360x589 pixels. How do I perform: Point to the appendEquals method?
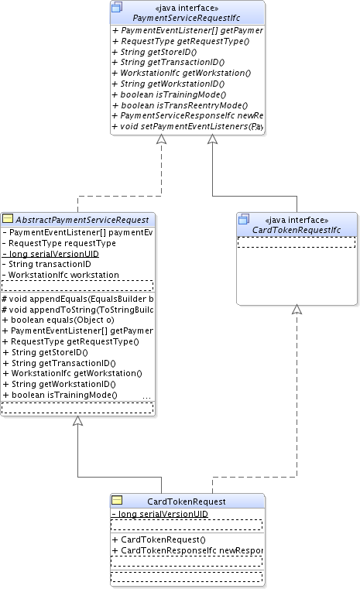[x=77, y=298]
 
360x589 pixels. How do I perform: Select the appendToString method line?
[x=77, y=309]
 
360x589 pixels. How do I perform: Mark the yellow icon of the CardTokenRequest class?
[x=118, y=500]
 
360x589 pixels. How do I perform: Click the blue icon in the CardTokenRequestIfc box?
[x=244, y=219]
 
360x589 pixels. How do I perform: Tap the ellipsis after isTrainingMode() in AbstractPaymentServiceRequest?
[x=147, y=396]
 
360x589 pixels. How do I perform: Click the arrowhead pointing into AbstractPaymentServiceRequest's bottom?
[x=77, y=421]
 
